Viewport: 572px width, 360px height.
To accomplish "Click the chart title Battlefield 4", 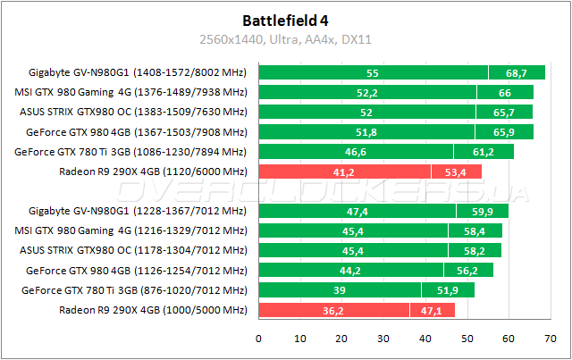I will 285,19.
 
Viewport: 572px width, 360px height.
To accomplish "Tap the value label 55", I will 373,72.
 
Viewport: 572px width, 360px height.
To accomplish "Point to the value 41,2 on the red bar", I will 344,172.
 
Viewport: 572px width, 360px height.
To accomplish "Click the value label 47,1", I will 432,310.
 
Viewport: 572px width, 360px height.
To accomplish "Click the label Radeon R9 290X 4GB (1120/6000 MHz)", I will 153,172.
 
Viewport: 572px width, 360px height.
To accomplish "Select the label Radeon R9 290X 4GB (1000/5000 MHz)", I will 153,310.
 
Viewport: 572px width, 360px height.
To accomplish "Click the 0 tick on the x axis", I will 259,339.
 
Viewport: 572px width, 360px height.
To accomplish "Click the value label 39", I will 340,290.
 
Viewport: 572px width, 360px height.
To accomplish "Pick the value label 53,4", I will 457,172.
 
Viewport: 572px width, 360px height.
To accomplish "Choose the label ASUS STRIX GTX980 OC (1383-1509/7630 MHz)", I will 133,112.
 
